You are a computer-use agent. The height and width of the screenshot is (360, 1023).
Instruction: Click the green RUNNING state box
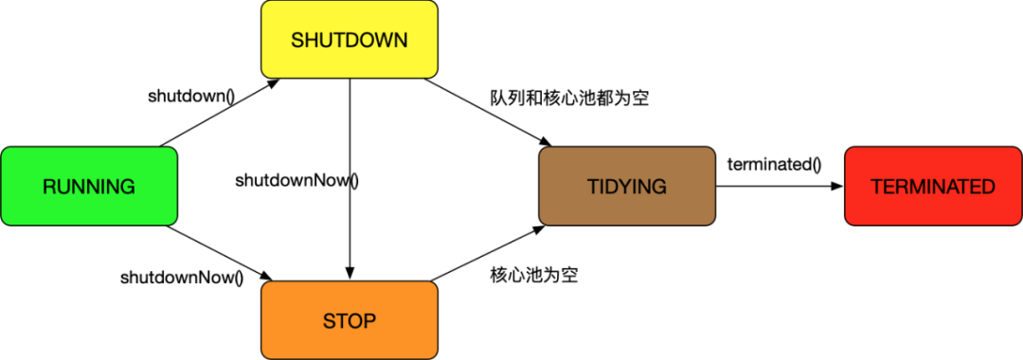tap(89, 187)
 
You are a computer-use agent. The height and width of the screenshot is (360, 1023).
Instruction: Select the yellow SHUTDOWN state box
tap(350, 40)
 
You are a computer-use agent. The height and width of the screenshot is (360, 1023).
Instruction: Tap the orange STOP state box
tap(350, 320)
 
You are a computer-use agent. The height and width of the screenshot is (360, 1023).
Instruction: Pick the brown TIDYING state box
tap(627, 187)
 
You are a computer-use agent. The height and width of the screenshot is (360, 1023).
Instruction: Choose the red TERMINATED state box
tap(932, 187)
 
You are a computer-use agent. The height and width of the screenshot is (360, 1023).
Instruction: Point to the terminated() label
tap(774, 164)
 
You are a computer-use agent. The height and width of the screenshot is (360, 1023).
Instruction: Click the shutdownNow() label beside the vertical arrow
tap(297, 180)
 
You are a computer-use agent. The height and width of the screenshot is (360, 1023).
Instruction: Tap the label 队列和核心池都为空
tap(569, 98)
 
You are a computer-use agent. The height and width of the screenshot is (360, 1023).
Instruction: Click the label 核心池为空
tap(534, 276)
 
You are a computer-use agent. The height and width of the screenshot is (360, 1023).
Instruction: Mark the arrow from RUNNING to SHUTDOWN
tap(220, 113)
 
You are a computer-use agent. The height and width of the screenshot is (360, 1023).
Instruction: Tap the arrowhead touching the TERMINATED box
tap(836, 187)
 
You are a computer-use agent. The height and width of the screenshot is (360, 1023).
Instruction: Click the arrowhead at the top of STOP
tap(350, 274)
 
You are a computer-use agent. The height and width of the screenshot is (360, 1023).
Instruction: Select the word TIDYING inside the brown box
tap(627, 187)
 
